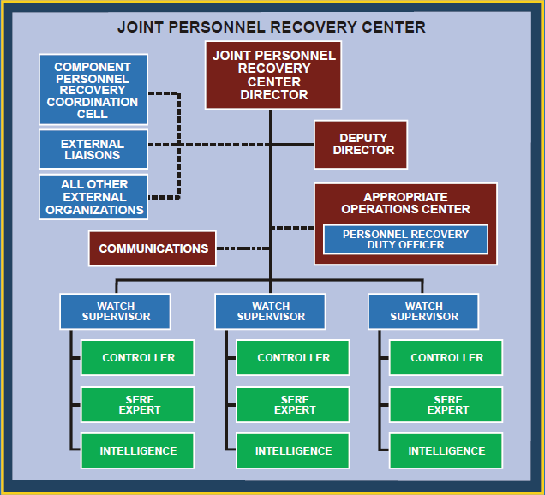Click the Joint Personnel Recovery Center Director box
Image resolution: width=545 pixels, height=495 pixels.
[273, 75]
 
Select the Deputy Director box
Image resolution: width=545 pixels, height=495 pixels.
[361, 145]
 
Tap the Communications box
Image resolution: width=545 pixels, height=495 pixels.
[153, 248]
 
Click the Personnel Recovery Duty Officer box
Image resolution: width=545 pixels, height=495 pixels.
[405, 239]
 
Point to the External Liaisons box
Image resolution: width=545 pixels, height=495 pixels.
[93, 149]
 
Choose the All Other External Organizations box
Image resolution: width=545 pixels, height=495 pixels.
[93, 197]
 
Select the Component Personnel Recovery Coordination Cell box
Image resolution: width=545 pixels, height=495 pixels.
[93, 89]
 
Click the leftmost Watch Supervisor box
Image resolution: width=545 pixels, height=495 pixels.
[115, 311]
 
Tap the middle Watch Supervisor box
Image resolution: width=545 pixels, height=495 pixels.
[271, 311]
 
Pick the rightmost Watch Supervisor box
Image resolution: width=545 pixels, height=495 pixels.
[423, 311]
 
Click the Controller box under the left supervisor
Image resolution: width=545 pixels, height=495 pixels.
[138, 357]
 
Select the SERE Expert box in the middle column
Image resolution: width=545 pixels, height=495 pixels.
[293, 404]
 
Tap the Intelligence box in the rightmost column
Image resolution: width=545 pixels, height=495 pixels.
[446, 450]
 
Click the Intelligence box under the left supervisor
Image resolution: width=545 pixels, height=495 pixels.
[138, 450]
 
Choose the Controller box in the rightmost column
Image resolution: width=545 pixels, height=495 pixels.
[446, 357]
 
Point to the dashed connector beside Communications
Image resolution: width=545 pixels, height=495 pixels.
[243, 248]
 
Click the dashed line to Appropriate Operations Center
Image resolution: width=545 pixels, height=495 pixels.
[293, 228]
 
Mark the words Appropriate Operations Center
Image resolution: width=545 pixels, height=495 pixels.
[405, 203]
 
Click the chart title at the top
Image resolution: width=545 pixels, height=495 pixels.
[272, 27]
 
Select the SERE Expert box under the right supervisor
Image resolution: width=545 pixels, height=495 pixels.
[446, 404]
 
